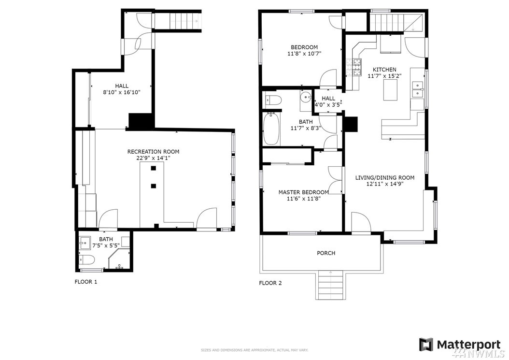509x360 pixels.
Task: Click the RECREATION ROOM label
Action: tap(153, 152)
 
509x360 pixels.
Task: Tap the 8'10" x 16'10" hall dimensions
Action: tap(121, 93)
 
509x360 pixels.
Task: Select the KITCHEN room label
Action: tap(384, 70)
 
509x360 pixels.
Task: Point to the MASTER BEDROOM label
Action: tap(304, 192)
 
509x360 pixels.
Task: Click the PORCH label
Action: tap(326, 253)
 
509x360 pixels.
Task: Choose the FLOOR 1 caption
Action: tap(86, 282)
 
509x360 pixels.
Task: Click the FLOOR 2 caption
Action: tap(270, 283)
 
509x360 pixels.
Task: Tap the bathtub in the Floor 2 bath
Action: tap(271, 129)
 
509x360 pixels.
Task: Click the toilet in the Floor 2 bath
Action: tap(273, 100)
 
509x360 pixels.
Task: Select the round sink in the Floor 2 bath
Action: tap(305, 97)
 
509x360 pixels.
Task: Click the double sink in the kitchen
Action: tap(418, 90)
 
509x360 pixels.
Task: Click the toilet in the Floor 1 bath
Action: tap(86, 260)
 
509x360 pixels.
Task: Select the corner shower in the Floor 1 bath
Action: tap(119, 259)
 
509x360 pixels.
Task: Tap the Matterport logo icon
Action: tap(426, 345)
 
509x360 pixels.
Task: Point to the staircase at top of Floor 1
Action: tap(177, 21)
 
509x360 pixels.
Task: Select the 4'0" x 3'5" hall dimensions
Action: tap(328, 105)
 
